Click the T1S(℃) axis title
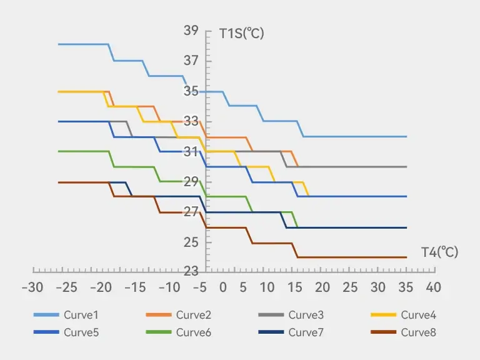pyautogui.click(x=242, y=33)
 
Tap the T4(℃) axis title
pyautogui.click(x=439, y=252)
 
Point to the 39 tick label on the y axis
pyautogui.click(x=191, y=31)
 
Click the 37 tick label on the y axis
pyautogui.click(x=191, y=61)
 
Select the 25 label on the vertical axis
pyautogui.click(x=191, y=242)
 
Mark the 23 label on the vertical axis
pyautogui.click(x=191, y=271)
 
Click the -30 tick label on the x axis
pyautogui.click(x=32, y=287)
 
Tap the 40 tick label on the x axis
pyautogui.click(x=433, y=287)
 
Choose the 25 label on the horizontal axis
pyautogui.click(x=350, y=287)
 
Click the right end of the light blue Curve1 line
pyautogui.click(x=407, y=136)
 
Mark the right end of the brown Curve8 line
pyautogui.click(x=407, y=257)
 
